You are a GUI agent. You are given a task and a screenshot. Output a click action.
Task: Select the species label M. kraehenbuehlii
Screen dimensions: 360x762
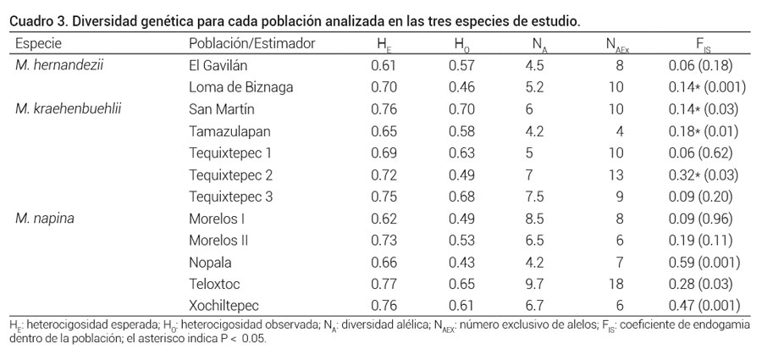[68, 108]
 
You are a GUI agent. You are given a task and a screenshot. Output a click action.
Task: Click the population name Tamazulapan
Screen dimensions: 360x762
[226, 130]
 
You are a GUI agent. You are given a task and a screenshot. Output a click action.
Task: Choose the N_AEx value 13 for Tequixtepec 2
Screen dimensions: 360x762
[616, 174]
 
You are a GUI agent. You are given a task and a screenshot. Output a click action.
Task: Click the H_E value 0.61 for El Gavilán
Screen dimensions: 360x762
[384, 64]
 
